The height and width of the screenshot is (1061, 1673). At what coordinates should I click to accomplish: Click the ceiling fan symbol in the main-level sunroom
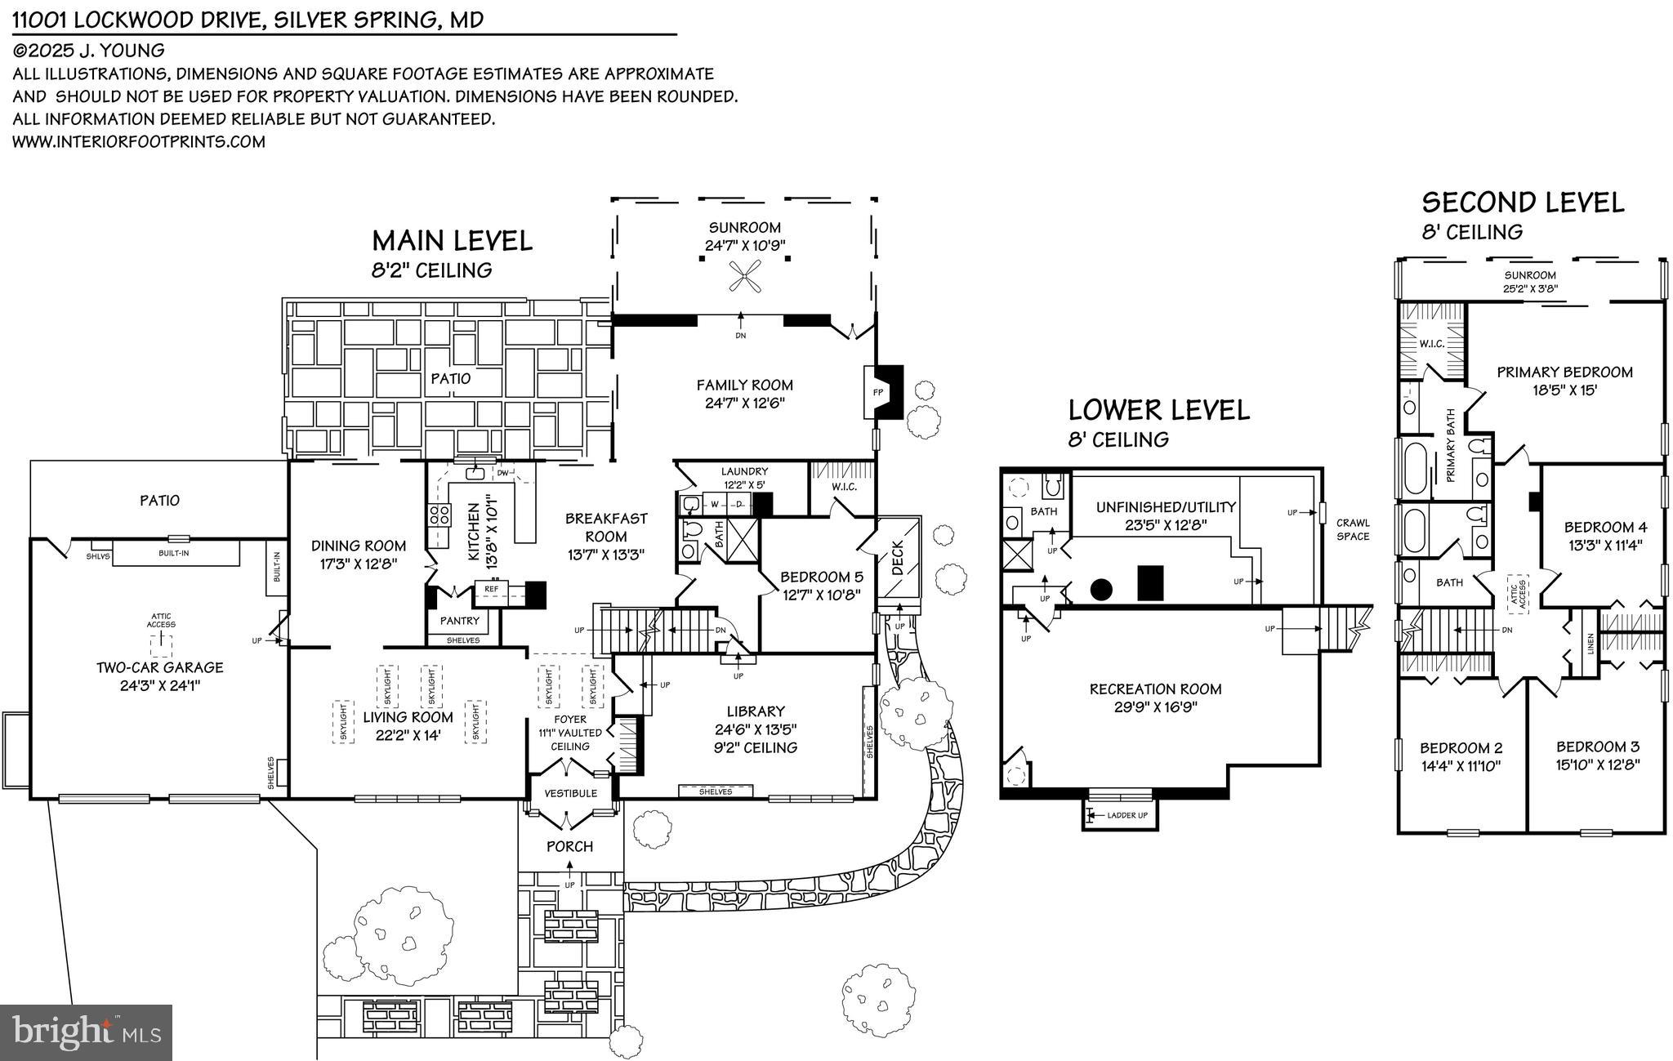point(745,276)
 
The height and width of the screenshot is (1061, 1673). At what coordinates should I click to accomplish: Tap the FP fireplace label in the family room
point(878,392)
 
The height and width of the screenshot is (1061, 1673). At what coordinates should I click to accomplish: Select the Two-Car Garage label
point(159,667)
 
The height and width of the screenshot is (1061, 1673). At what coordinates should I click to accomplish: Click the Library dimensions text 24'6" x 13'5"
point(756,729)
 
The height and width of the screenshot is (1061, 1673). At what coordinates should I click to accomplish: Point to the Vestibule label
point(570,793)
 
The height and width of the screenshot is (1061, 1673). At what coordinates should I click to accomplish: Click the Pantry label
point(460,621)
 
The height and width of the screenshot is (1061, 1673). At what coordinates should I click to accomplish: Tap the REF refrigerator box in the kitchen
point(492,588)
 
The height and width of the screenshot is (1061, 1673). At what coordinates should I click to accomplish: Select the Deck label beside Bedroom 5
point(898,558)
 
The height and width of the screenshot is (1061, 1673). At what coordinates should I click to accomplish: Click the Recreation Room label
point(1155,689)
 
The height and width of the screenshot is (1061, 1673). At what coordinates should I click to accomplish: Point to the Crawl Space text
point(1352,529)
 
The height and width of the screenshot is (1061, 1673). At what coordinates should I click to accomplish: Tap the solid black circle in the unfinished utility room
point(1101,588)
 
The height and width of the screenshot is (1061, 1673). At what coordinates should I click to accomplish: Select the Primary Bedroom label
point(1564,372)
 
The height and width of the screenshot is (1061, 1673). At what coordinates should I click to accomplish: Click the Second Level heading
point(1523,202)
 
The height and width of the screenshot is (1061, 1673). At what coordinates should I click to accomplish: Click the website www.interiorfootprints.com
point(139,141)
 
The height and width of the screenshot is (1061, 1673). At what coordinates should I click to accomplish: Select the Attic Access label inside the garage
point(161,621)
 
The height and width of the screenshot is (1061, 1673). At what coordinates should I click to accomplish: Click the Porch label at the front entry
point(569,846)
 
